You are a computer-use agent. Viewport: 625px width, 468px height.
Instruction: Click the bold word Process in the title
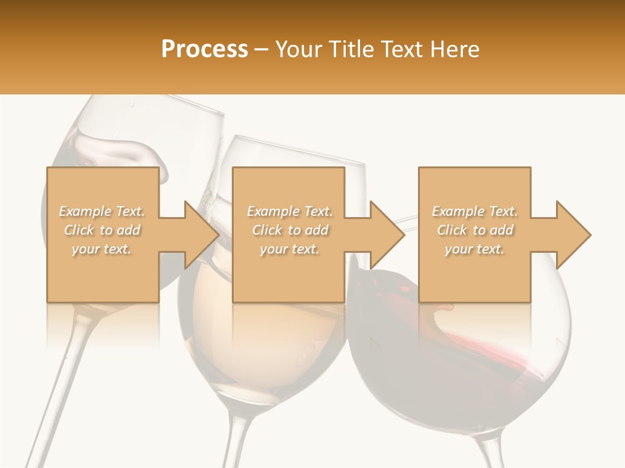204,49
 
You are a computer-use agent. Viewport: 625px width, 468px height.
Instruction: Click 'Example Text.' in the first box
102,211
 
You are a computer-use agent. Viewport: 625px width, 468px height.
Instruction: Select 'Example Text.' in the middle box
290,211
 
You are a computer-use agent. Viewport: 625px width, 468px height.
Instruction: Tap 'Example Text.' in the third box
475,211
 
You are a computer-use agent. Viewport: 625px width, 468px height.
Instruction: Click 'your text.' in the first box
102,249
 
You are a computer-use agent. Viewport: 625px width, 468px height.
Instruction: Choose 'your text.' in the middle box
290,249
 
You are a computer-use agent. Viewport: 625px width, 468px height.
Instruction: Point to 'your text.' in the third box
475,249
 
